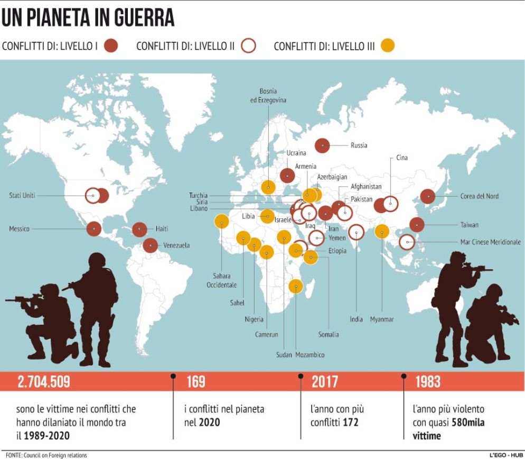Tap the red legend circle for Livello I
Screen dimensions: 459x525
point(111,46)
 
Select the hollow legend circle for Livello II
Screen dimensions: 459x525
point(248,46)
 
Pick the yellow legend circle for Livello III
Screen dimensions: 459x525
point(388,46)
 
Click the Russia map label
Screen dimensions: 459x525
point(359,145)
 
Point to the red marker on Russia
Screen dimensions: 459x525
point(322,145)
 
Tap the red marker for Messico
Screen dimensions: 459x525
point(94,228)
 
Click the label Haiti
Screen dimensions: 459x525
point(162,229)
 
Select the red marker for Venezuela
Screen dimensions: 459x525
point(151,245)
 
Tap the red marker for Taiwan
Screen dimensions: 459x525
point(417,225)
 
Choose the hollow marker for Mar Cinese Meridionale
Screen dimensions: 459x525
point(407,242)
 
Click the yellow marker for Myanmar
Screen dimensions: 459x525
point(382,232)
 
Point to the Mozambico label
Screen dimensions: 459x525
point(310,355)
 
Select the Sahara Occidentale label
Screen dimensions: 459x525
point(222,281)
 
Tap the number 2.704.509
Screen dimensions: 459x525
point(44,382)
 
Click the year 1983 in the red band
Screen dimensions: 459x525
point(428,382)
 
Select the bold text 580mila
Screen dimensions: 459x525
point(468,424)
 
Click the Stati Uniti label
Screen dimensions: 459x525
point(22,196)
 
